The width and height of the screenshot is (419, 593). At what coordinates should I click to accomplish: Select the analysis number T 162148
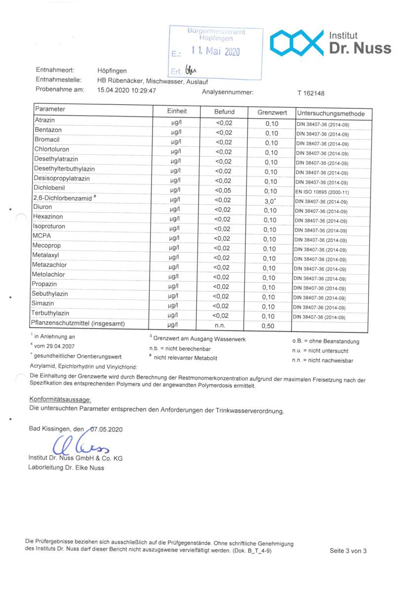tap(311, 93)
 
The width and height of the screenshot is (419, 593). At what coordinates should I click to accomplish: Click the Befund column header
tap(225, 112)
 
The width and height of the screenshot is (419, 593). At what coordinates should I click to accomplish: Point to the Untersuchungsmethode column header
tap(331, 114)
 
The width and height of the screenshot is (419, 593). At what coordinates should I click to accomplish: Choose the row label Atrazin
tap(44, 121)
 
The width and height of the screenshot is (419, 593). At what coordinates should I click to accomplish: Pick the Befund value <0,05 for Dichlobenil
tap(224, 190)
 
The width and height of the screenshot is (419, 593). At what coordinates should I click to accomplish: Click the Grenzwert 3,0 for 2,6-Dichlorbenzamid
tap(271, 201)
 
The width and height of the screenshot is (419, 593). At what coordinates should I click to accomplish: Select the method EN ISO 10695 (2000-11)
tap(323, 192)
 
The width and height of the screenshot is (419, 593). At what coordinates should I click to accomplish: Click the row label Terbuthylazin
tap(50, 314)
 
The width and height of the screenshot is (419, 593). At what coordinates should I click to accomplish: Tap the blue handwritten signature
tap(81, 445)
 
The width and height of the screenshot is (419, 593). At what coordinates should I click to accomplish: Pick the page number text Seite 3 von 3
tap(348, 551)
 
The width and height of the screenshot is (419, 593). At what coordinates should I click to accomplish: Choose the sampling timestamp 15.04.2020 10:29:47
tap(127, 90)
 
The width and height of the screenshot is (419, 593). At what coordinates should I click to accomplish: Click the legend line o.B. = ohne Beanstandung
tap(326, 341)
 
